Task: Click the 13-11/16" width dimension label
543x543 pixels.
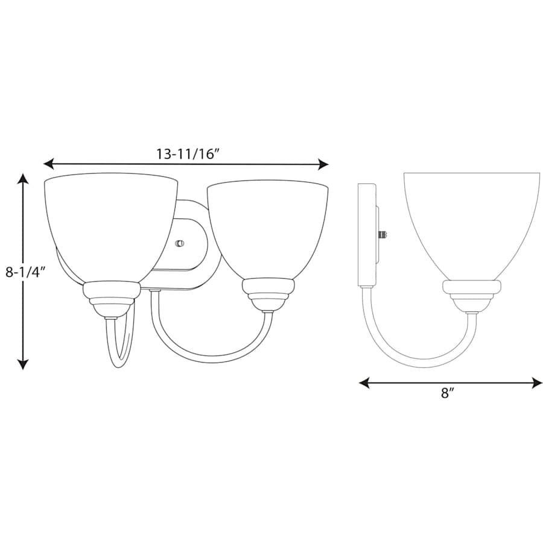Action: click(186, 153)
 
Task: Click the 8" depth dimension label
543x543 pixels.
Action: click(447, 394)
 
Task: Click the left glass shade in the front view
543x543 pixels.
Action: click(110, 223)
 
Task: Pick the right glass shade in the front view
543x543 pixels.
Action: click(267, 226)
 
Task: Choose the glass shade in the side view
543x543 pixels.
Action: click(471, 223)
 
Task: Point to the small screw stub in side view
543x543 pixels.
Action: click(382, 233)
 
